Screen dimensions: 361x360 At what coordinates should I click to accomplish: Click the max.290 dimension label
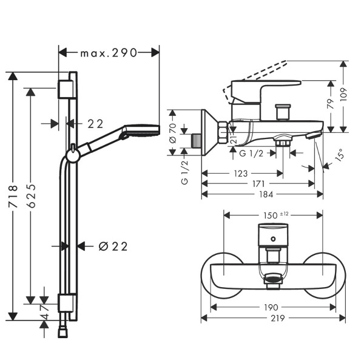[x=109, y=53]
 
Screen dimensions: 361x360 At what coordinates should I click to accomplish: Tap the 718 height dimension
[x=13, y=196]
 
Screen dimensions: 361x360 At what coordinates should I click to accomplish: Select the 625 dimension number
[x=31, y=196]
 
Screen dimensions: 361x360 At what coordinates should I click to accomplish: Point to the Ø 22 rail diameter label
[x=113, y=246]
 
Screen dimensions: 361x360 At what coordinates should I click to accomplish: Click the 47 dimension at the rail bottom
[x=45, y=311]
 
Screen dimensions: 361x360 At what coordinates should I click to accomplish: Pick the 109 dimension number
[x=343, y=95]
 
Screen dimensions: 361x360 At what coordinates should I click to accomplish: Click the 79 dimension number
[x=331, y=104]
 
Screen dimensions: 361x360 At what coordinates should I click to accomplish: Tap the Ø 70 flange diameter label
[x=173, y=134]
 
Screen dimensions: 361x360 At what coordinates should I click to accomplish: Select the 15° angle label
[x=340, y=154]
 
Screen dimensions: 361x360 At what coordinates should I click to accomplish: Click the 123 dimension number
[x=241, y=174]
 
